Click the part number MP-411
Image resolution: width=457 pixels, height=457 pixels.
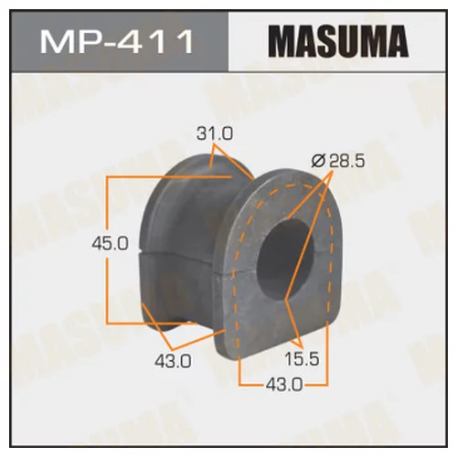tap(117, 41)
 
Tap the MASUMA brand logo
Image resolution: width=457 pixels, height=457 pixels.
tap(338, 41)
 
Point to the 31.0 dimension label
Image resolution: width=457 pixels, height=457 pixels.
tap(215, 133)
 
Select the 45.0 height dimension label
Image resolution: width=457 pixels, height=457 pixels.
tap(110, 244)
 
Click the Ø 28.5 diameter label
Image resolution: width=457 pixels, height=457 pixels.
tap(338, 161)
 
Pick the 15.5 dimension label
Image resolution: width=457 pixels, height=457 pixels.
tap(302, 358)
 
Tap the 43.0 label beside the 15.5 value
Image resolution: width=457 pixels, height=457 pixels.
tap(284, 385)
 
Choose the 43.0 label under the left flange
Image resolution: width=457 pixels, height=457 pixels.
tap(173, 362)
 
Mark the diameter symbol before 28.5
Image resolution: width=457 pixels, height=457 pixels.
tap(319, 161)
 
